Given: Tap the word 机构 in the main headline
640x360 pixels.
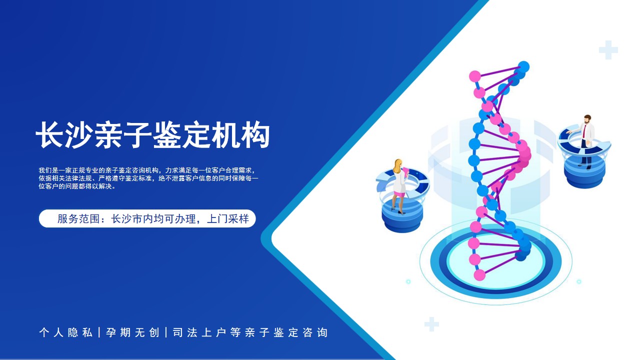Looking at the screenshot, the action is tap(240, 135).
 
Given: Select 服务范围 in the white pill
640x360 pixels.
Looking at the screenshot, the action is tap(78, 219).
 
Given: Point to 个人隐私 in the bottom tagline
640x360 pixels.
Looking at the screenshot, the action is tap(65, 332).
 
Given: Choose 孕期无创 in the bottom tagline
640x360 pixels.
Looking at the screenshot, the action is tap(132, 332).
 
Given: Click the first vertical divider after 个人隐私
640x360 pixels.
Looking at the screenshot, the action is tap(99, 332).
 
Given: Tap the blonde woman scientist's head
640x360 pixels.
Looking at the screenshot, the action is tap(397, 164).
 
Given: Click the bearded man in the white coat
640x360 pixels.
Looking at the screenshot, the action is tap(585, 141).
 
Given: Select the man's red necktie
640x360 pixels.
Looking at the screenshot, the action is tap(584, 132).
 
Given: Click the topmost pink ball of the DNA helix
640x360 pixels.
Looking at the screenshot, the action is tap(475, 76).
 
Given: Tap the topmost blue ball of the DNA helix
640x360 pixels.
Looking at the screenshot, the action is tap(523, 67).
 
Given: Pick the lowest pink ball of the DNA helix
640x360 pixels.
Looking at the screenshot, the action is tap(479, 275).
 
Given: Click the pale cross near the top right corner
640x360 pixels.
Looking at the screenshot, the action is tap(608, 50).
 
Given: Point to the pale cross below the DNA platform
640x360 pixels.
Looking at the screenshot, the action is tap(431, 324).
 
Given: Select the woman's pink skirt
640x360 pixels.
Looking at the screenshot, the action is tap(399, 194).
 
